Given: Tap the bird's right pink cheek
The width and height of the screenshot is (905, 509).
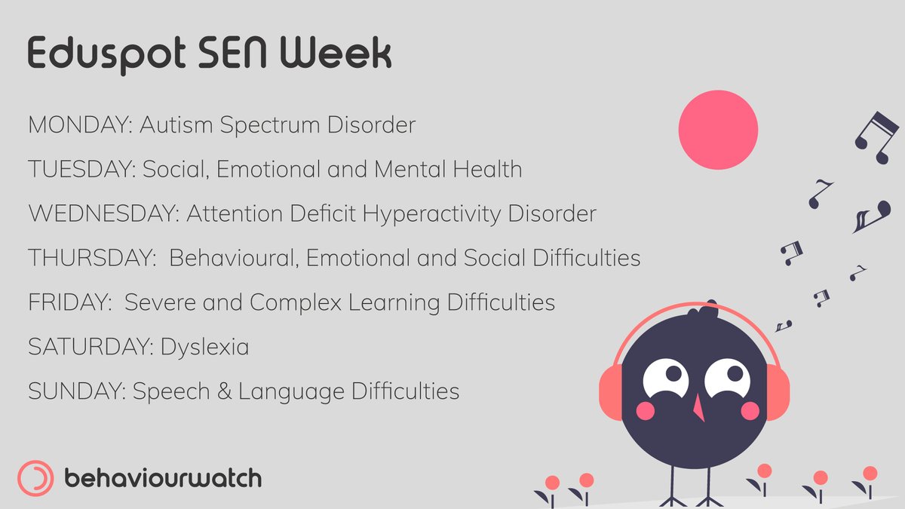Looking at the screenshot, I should [x=750, y=410].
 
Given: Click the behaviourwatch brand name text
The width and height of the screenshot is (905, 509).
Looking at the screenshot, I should [x=163, y=478].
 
